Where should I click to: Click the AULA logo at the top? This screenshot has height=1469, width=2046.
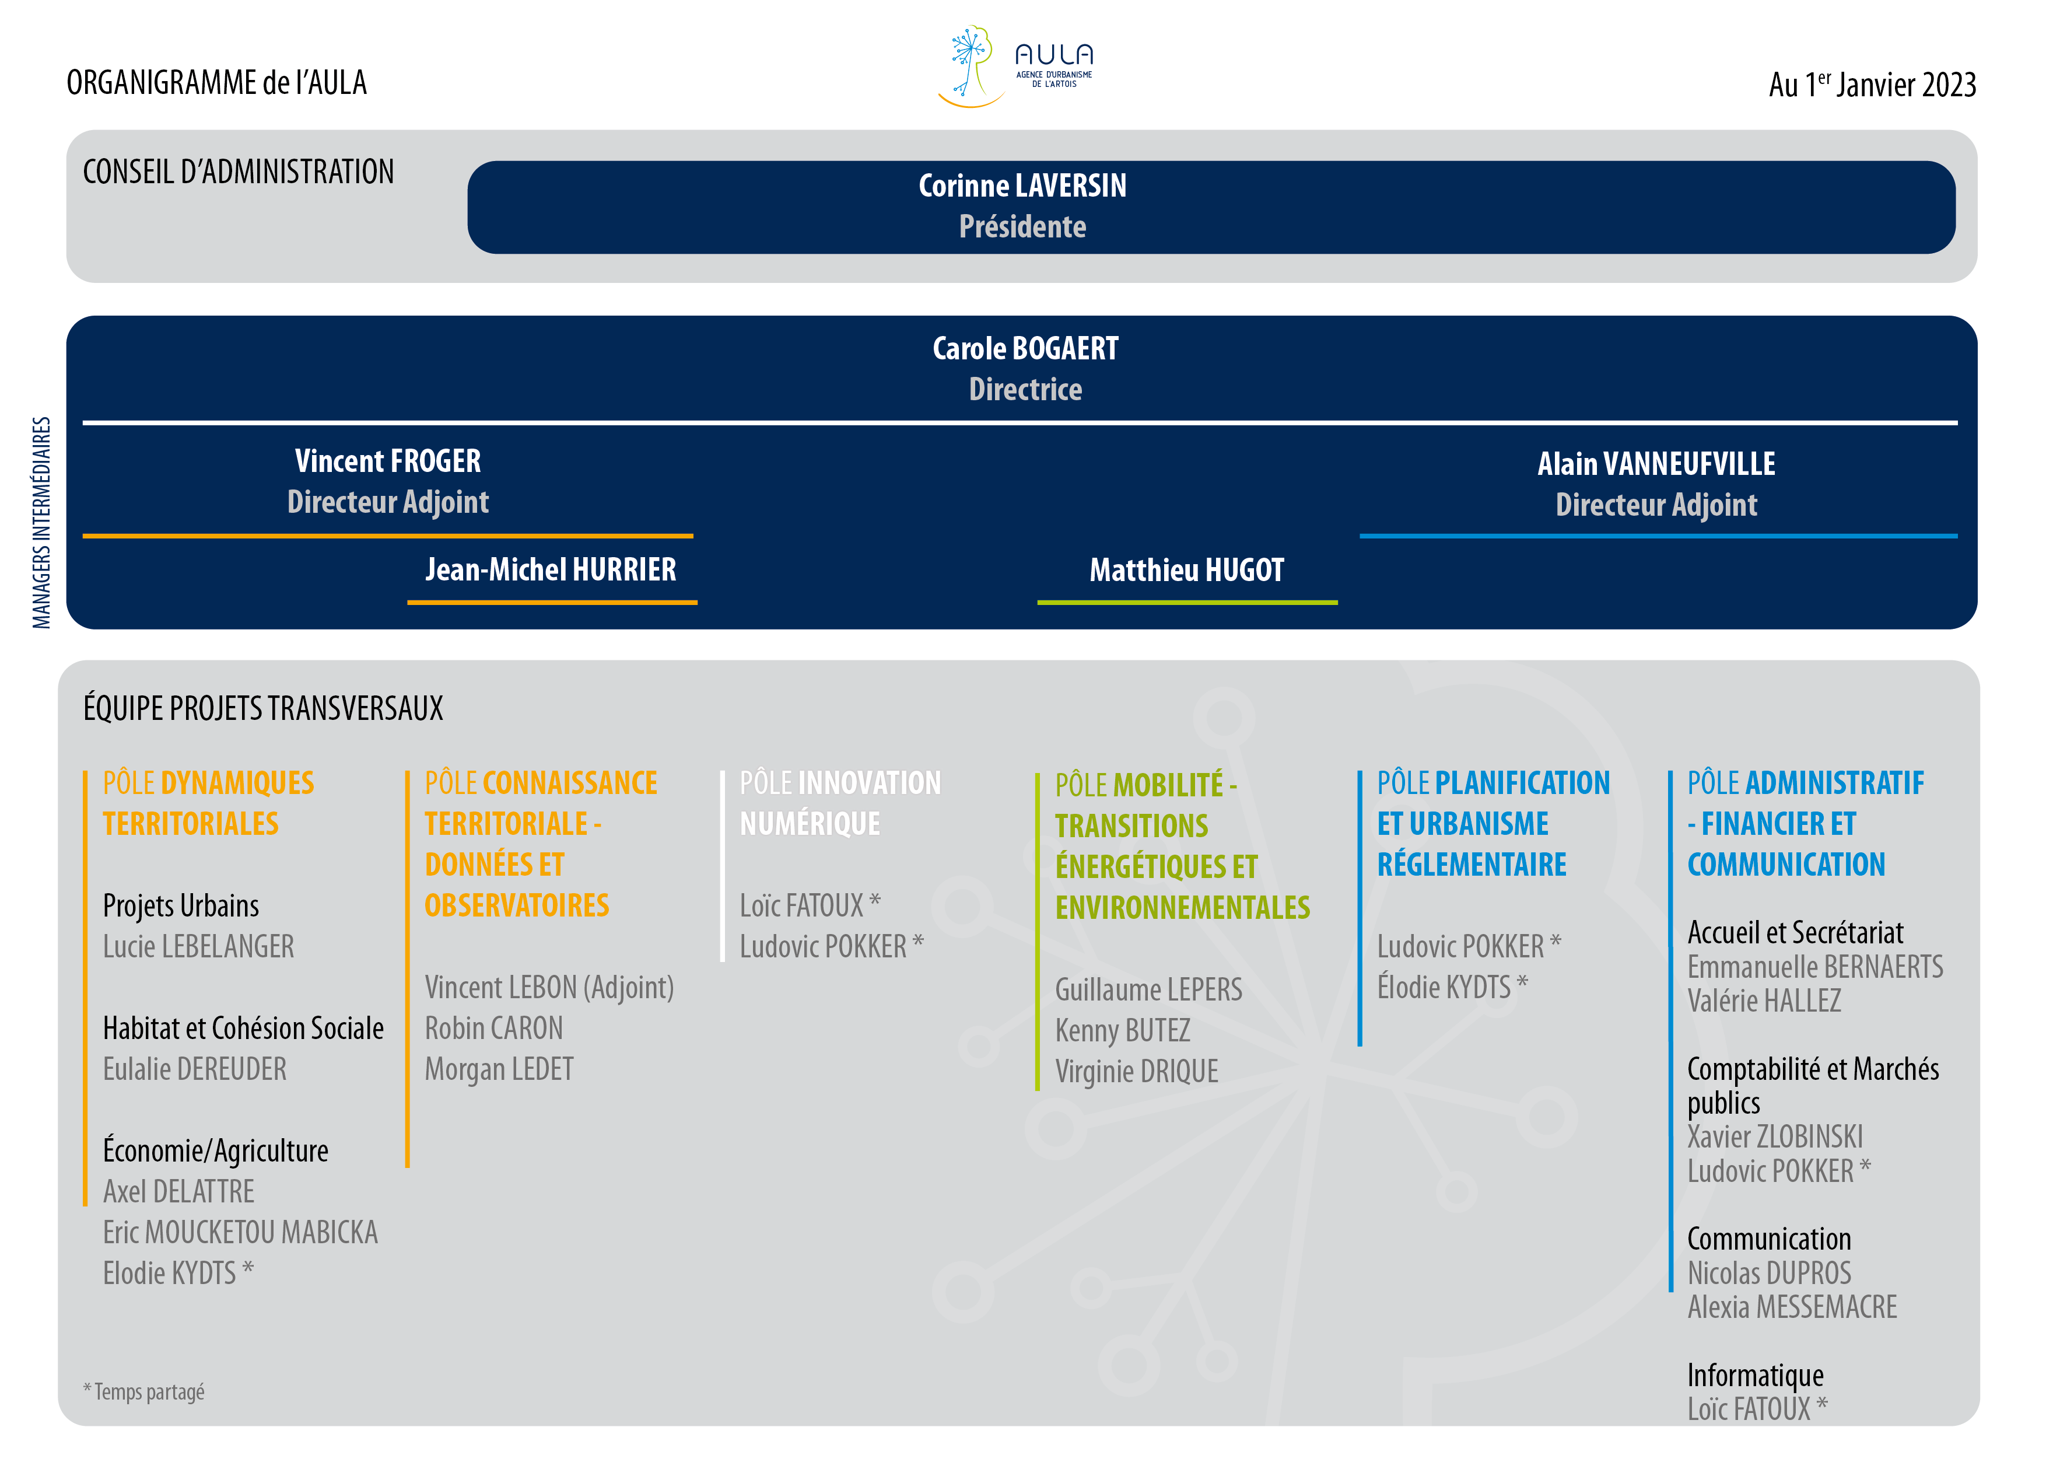[x=1016, y=66]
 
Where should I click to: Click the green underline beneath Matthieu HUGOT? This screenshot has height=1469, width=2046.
[x=1187, y=602]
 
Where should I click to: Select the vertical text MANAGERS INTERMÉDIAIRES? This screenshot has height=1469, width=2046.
[x=41, y=523]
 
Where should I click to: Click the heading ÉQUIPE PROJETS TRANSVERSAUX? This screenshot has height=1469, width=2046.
[x=264, y=708]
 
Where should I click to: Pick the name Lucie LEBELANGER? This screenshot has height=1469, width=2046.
[x=198, y=946]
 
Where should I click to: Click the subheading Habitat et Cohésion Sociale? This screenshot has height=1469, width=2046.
[x=244, y=1029]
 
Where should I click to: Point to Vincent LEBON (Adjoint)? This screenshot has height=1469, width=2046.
[x=549, y=988]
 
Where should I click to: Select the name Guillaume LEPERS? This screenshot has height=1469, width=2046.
[x=1148, y=990]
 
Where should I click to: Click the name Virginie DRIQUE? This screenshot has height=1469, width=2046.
[x=1137, y=1072]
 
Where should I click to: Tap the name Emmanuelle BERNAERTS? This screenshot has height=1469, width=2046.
[x=1815, y=967]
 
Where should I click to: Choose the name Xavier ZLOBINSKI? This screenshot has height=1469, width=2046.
[x=1775, y=1137]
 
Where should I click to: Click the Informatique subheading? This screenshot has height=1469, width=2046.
[x=1756, y=1375]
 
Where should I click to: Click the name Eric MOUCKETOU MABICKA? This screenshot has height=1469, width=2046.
[x=240, y=1233]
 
